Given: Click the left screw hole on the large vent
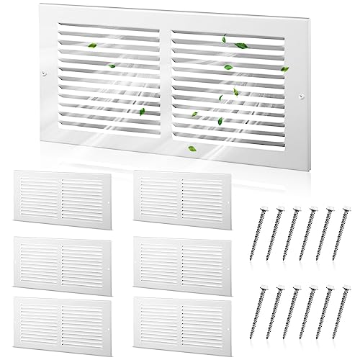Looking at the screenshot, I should [x=45, y=73].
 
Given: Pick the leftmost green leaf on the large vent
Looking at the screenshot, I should [x=112, y=67].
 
